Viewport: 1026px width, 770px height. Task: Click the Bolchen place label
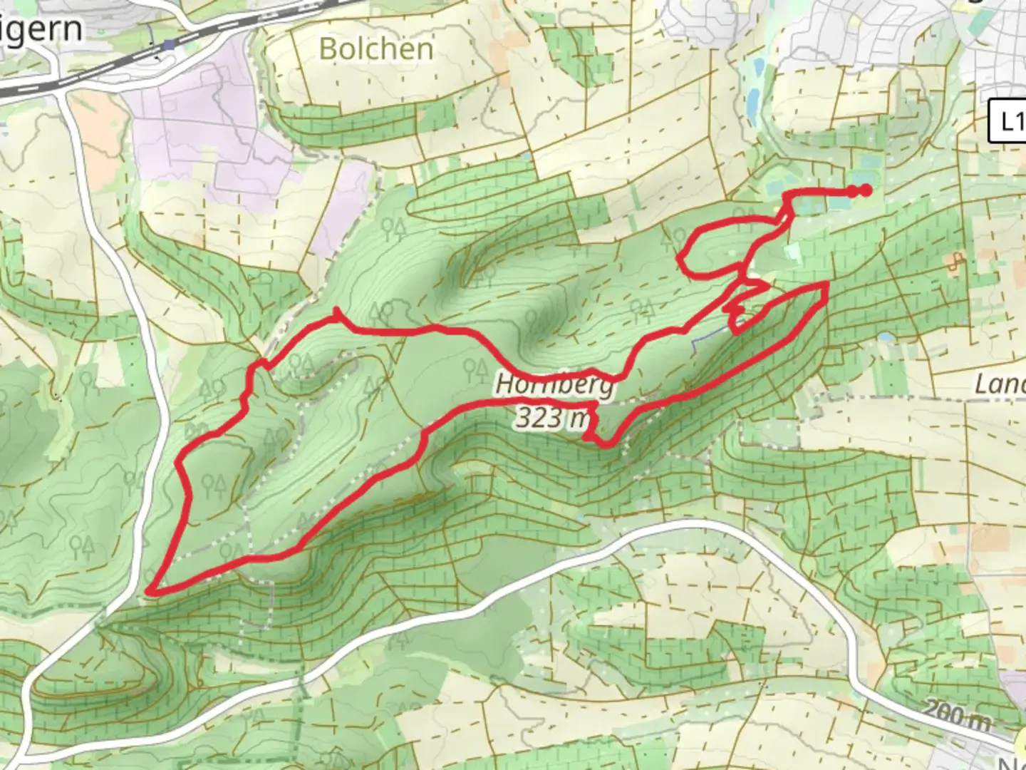tap(375, 49)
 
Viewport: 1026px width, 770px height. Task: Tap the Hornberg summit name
tap(554, 385)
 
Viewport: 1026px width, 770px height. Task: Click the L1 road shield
tap(1008, 122)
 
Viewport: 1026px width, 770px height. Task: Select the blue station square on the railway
tap(168, 45)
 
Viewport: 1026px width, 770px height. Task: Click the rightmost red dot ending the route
tap(865, 190)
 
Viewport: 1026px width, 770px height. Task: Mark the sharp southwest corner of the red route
tap(150, 591)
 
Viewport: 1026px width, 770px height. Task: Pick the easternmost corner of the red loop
tap(826, 285)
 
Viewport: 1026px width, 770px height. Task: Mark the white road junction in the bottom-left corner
tap(100, 620)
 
